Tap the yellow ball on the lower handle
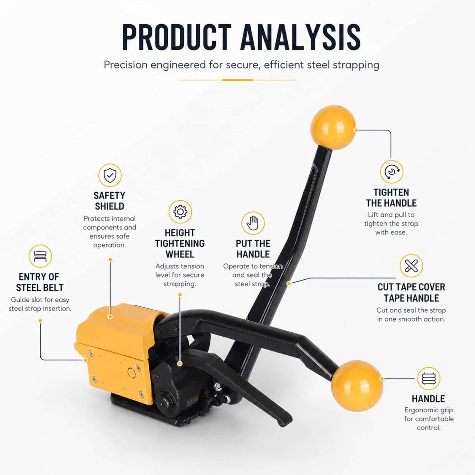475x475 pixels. [357, 386]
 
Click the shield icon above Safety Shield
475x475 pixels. [110, 175]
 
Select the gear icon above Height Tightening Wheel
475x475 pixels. [180, 212]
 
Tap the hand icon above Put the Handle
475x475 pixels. [253, 223]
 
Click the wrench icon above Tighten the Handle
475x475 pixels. [392, 172]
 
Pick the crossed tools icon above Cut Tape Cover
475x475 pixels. [411, 266]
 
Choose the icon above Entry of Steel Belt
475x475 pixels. [40, 256]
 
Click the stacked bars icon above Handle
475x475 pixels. [428, 379]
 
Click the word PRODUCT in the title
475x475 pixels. [177, 37]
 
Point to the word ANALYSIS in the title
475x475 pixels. [301, 37]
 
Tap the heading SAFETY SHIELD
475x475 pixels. [110, 201]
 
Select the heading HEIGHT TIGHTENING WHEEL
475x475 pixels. [180, 243]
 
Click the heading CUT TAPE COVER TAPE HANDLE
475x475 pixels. [411, 292]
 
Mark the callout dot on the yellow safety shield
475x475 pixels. [110, 317]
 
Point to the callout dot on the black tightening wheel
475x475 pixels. [180, 363]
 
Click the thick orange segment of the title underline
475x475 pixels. [237, 80]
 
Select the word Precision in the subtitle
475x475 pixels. [125, 65]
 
